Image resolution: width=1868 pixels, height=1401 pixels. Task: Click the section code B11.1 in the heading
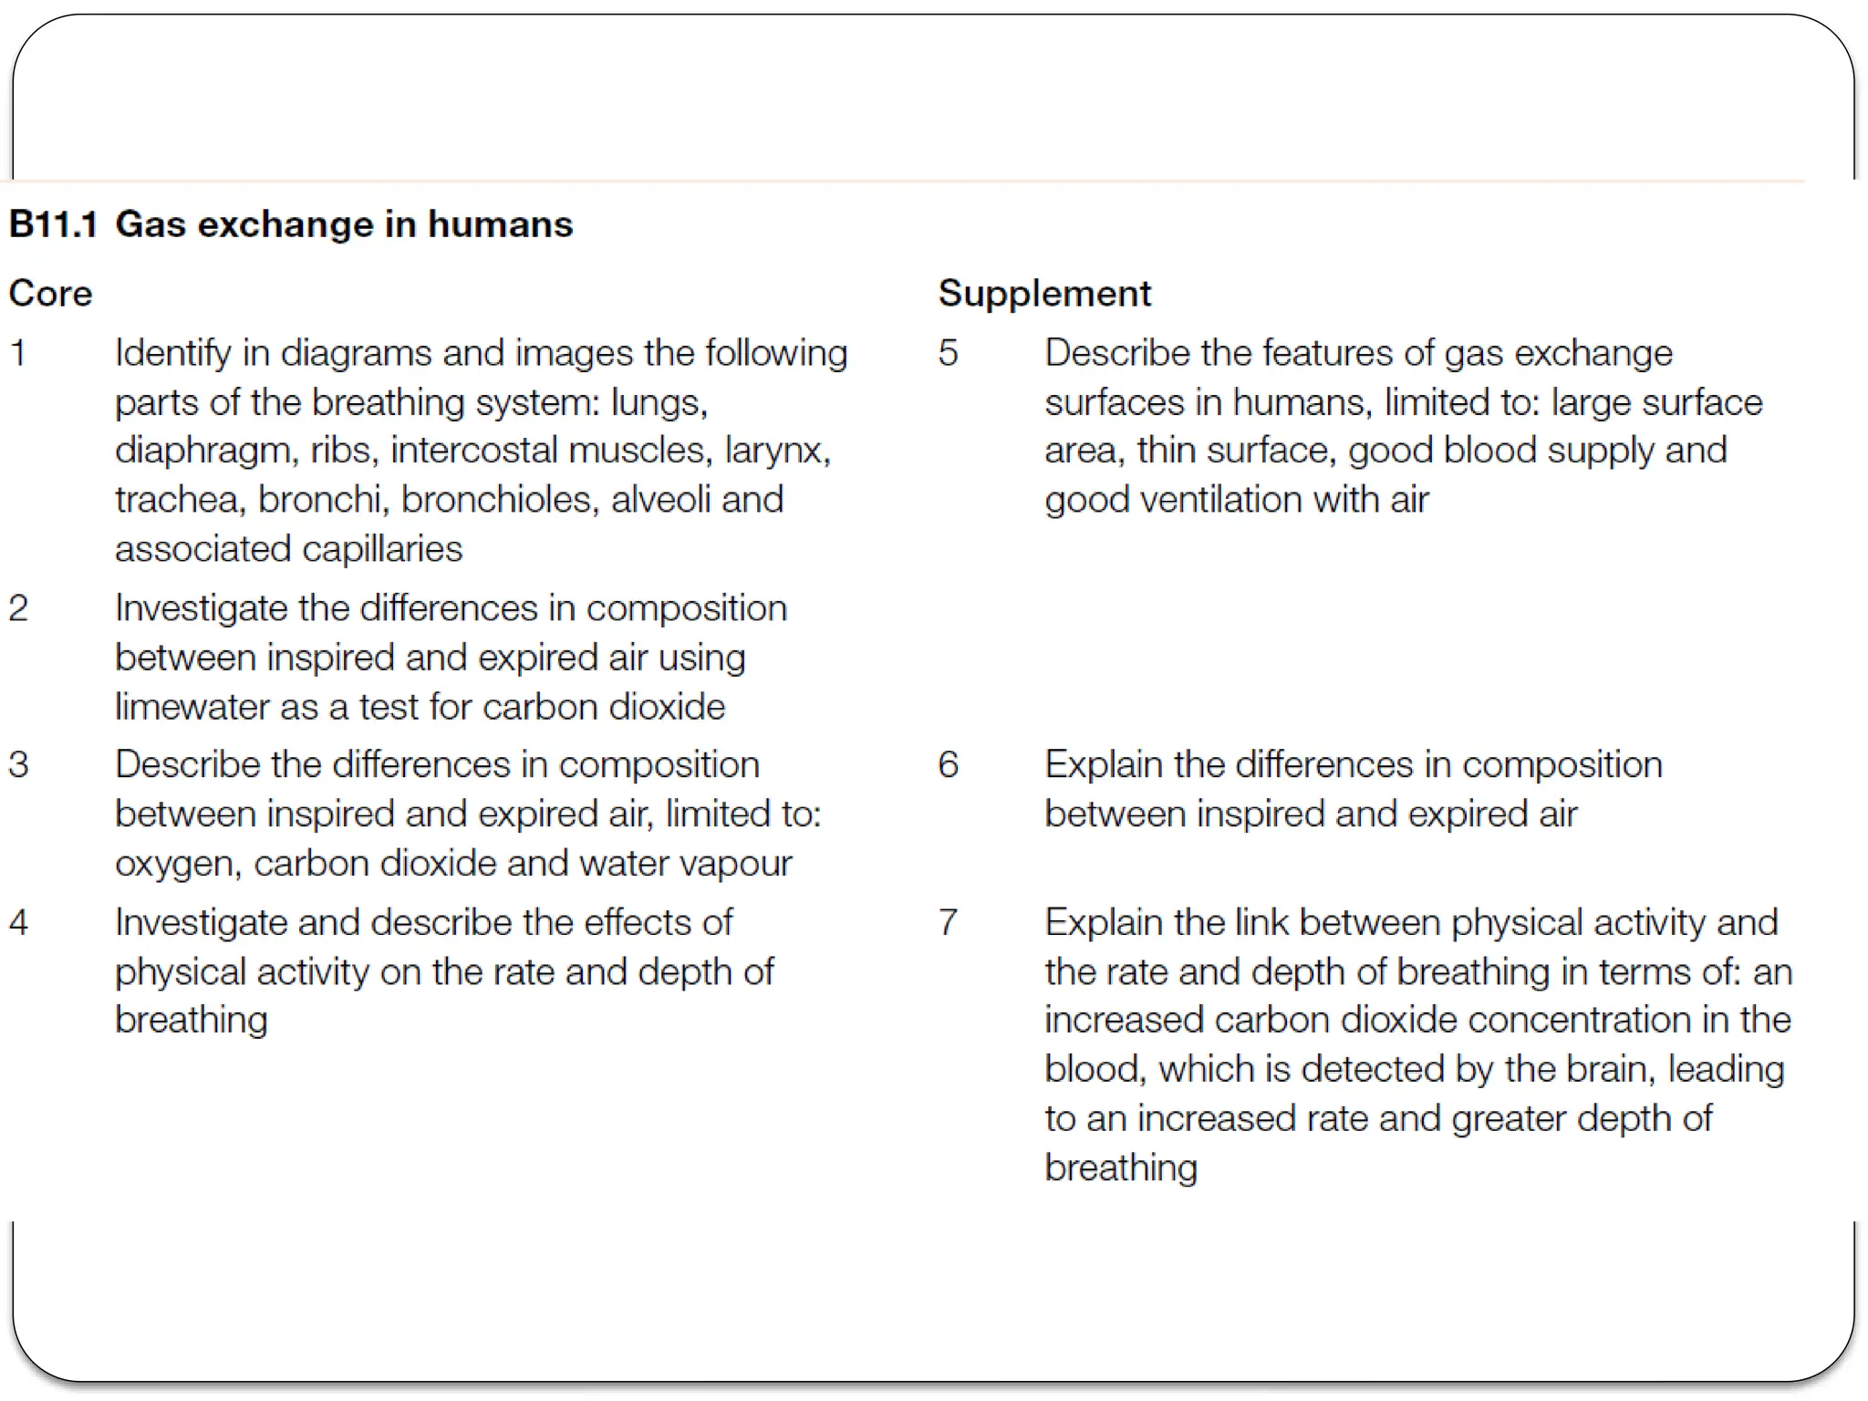53,224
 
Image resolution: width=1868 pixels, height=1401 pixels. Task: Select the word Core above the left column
51,294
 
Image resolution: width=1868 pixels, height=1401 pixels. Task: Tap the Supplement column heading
1044,294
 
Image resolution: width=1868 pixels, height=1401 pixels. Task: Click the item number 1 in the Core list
18,353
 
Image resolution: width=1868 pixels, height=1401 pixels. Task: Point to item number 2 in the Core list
18,608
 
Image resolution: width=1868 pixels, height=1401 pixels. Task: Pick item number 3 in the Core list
18,764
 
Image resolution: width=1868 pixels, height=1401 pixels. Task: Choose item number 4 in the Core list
18,922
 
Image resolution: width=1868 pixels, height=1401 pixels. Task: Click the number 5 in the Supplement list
949,353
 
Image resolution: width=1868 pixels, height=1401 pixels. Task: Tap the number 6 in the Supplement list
949,764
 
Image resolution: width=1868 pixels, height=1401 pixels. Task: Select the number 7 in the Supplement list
949,922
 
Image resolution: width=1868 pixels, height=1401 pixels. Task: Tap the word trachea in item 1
181,500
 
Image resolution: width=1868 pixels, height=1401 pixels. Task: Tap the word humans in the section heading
500,224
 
